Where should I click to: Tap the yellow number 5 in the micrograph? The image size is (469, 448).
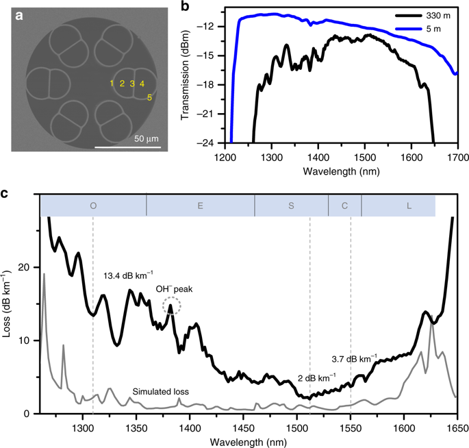(149, 97)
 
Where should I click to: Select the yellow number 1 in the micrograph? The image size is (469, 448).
(111, 84)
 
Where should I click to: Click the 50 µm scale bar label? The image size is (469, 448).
(146, 139)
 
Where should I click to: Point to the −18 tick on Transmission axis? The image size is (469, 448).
(210, 84)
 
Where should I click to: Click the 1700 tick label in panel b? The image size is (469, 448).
(457, 156)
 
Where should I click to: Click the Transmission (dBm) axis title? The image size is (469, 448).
(186, 77)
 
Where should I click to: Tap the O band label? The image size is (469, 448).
(93, 205)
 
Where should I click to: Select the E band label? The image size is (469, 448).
(201, 205)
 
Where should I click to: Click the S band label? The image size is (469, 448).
(292, 205)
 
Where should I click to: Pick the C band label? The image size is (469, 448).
(344, 205)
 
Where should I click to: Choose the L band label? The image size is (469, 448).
(409, 205)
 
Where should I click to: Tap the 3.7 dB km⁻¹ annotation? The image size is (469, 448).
(354, 358)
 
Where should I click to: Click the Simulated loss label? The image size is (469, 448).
(160, 393)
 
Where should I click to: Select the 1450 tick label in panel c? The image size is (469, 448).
(243, 426)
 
